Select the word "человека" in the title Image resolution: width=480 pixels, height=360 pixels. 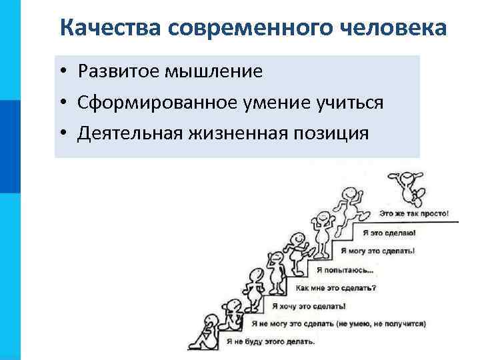click(386, 28)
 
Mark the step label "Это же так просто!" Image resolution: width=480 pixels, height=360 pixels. click(414, 215)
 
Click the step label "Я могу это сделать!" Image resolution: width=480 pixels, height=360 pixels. click(377, 251)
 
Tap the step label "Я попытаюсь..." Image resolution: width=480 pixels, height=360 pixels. click(345, 270)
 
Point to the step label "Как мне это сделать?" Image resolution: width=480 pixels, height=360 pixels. click(335, 288)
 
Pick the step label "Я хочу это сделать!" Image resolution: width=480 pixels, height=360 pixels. click(309, 306)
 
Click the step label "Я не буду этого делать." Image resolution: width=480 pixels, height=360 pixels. click(271, 342)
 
